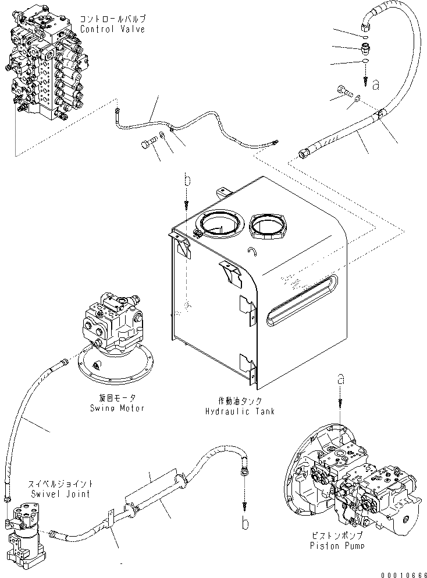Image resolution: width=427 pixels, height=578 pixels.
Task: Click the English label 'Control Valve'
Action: point(112,29)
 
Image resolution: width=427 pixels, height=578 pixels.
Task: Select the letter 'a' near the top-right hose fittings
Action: point(375,86)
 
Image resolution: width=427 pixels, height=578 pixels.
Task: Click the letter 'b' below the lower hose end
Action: point(245,524)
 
